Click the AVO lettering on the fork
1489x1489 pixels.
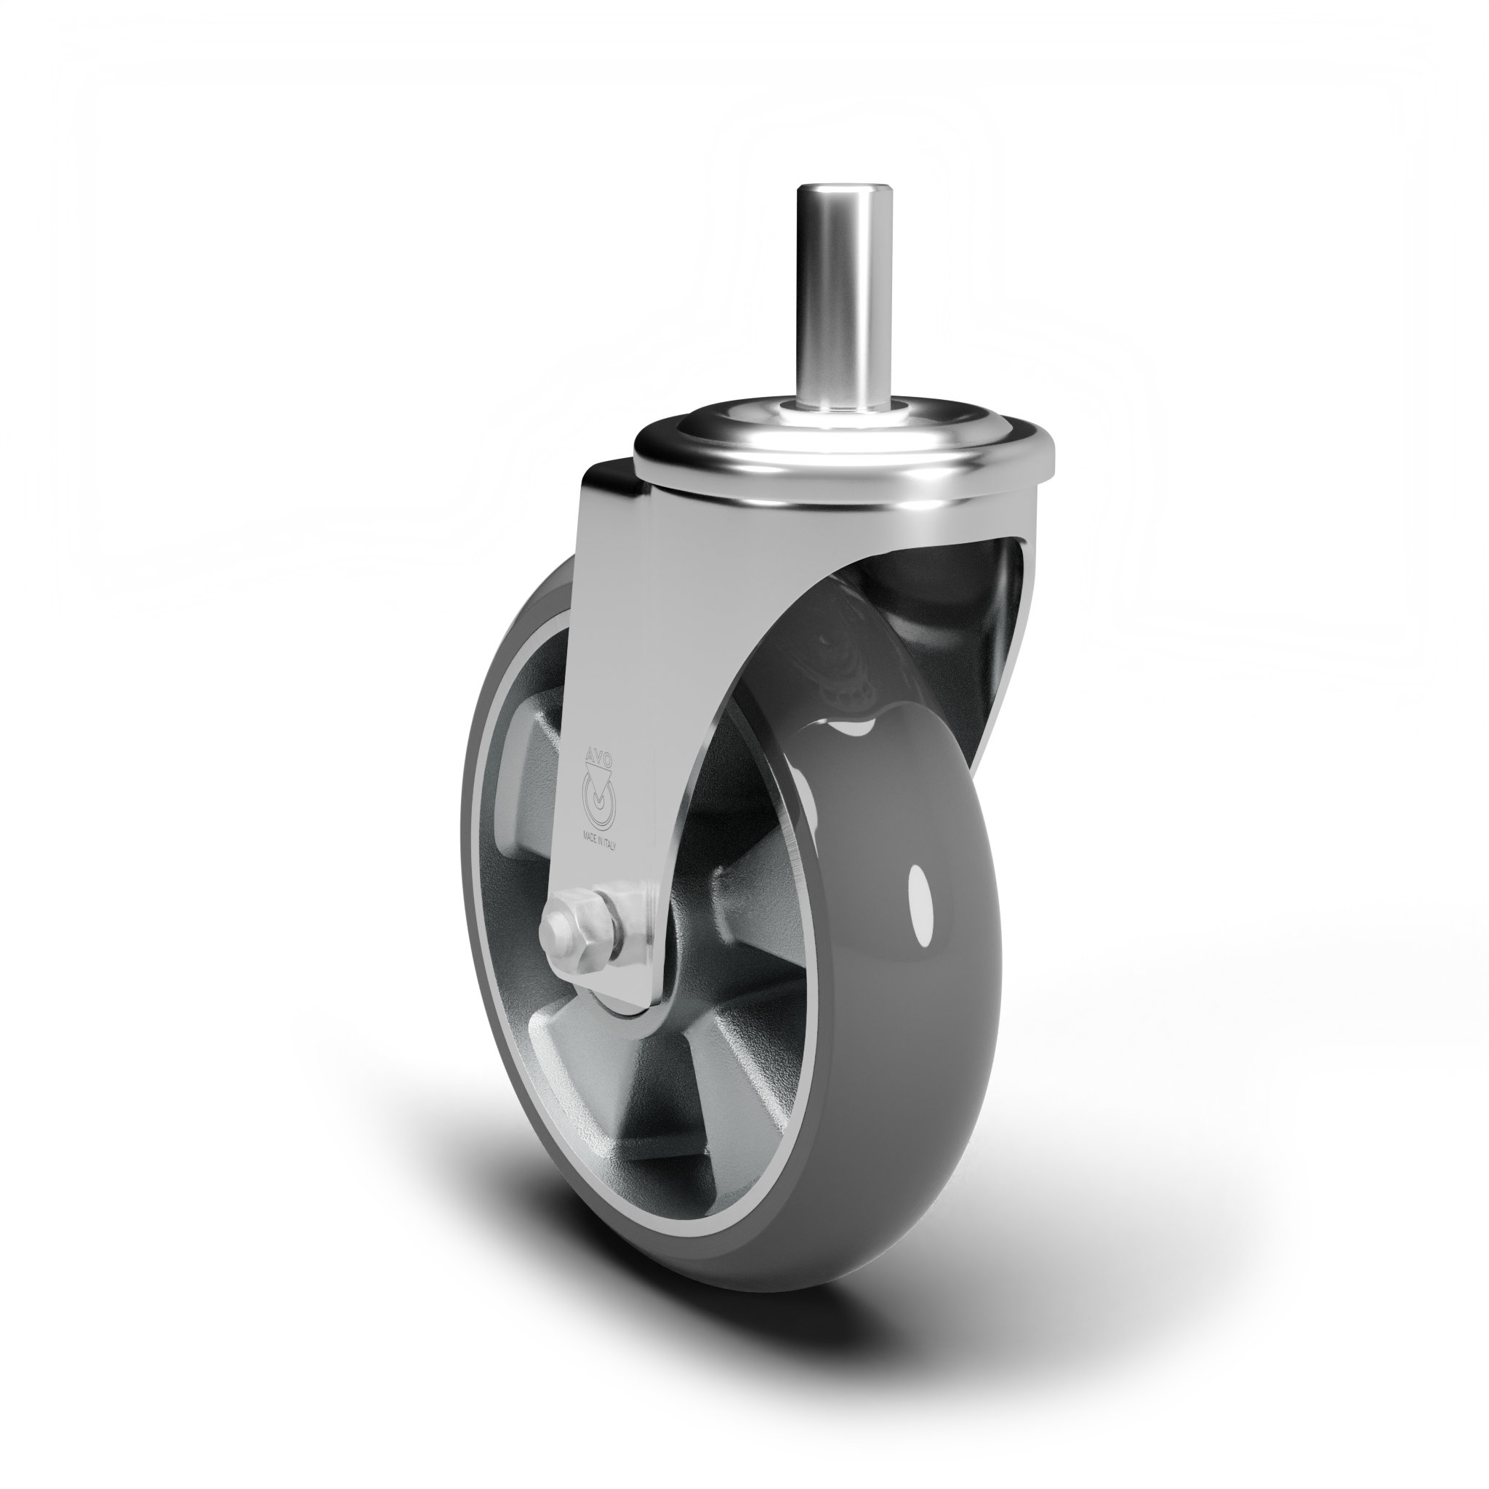pyautogui.click(x=598, y=759)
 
